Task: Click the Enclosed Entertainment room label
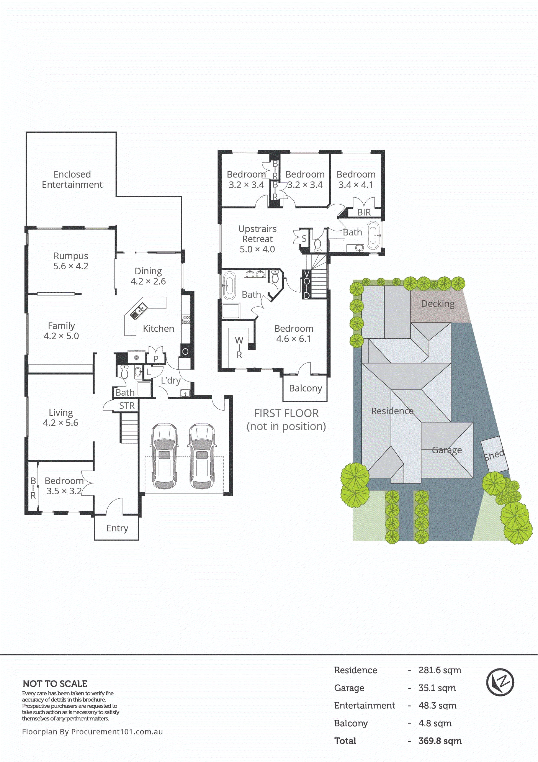tap(72, 179)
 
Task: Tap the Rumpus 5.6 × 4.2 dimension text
tap(71, 266)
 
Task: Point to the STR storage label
tap(127, 406)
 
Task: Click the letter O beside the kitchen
tap(185, 351)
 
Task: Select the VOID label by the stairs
tap(306, 284)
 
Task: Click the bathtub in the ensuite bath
tap(229, 285)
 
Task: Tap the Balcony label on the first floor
tap(305, 388)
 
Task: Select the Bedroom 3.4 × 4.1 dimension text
tap(356, 185)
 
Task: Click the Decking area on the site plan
tap(438, 304)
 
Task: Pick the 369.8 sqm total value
tap(440, 741)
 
